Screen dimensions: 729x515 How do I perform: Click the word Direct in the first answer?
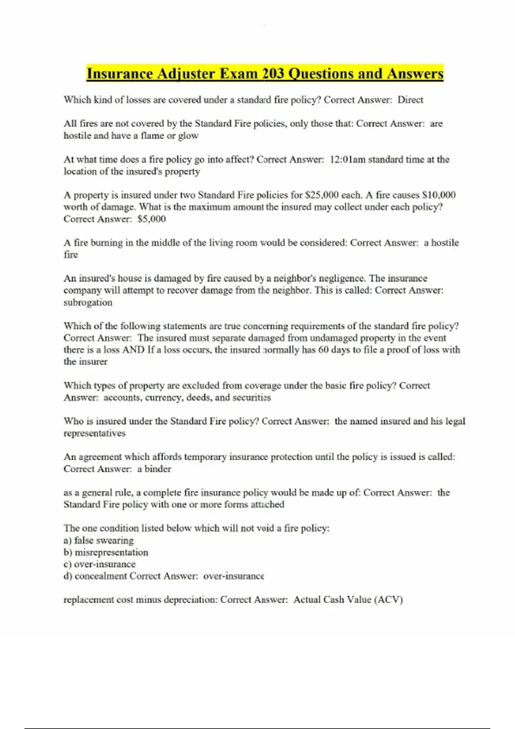tap(410, 100)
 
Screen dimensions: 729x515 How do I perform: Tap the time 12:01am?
tap(347, 160)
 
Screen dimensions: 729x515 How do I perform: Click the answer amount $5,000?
tap(151, 219)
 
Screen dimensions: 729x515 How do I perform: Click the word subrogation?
tap(88, 302)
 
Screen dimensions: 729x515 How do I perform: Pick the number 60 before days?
tap(324, 350)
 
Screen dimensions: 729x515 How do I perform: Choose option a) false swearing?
tap(99, 540)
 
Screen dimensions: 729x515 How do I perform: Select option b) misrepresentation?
tap(106, 552)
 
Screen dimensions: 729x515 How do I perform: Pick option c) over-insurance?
tap(100, 564)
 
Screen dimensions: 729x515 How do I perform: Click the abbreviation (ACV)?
tap(388, 600)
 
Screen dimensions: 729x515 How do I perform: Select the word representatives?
tap(94, 433)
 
